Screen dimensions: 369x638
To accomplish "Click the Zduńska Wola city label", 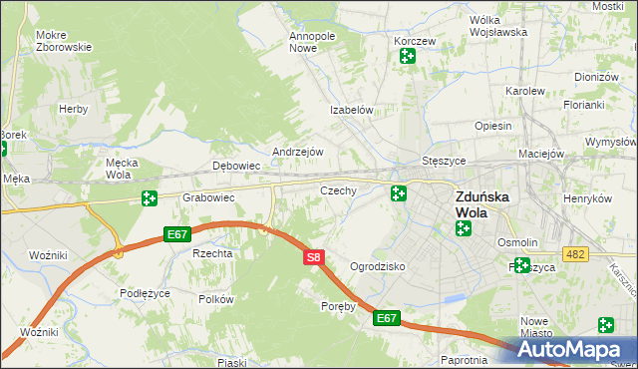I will pyautogui.click(x=482, y=204).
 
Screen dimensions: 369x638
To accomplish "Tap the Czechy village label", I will pyautogui.click(x=338, y=189).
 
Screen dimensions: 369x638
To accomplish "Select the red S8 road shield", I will pyautogui.click(x=313, y=257).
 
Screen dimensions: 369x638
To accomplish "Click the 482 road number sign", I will pyautogui.click(x=574, y=255).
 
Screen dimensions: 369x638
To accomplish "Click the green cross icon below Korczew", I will pyautogui.click(x=407, y=56).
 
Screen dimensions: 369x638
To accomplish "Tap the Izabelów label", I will pyautogui.click(x=352, y=111).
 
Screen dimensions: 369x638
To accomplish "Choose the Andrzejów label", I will pyautogui.click(x=298, y=152).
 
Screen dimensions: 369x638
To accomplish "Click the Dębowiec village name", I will pyautogui.click(x=236, y=166).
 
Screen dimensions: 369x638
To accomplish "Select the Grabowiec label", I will pyautogui.click(x=207, y=197).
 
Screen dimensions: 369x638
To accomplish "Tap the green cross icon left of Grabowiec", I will pyautogui.click(x=149, y=198).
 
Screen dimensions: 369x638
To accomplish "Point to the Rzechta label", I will pyautogui.click(x=212, y=253).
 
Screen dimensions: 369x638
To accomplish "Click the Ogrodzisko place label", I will pyautogui.click(x=377, y=266).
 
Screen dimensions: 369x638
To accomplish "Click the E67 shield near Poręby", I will pyautogui.click(x=387, y=318).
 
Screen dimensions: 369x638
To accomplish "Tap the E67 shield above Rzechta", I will pyautogui.click(x=177, y=234).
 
